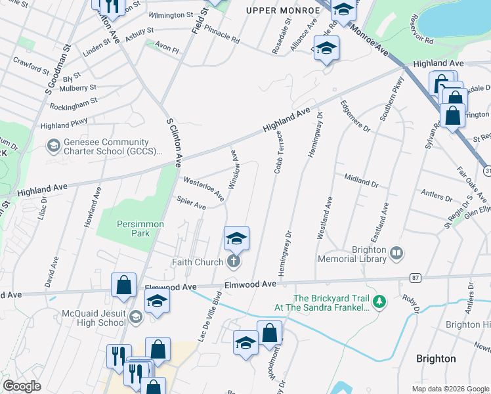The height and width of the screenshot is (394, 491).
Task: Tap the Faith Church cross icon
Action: pos(232,262)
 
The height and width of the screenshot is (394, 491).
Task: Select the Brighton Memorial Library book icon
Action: pos(396,253)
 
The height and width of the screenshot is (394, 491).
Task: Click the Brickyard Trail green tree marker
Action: pos(379,301)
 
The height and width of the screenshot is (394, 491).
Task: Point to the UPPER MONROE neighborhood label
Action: pos(276,10)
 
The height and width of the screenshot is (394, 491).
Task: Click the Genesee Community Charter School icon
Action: pos(53,144)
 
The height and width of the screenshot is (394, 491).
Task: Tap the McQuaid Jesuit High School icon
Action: pos(135,317)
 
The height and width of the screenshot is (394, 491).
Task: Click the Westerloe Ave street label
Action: pos(203,188)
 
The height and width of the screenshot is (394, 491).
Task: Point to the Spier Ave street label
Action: pos(191,206)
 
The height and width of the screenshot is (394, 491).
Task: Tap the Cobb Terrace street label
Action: pos(278,152)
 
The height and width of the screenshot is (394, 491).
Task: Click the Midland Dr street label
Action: pos(361,181)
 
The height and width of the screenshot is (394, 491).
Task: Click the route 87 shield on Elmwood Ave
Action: pos(415,278)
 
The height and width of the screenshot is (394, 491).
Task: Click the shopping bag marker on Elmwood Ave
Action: pos(123,285)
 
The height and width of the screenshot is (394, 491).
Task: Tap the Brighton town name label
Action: pos(436,359)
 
